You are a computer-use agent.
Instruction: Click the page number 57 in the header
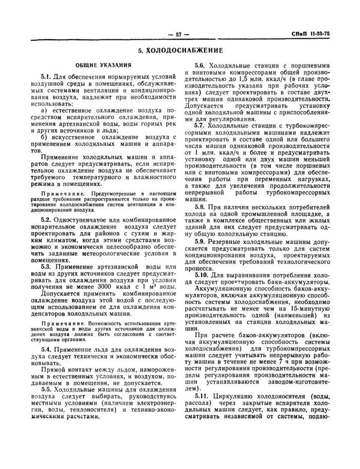[x=179, y=34]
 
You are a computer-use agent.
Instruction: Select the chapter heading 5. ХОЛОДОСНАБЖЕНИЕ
[x=180, y=51]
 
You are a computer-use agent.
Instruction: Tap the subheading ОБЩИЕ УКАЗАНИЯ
[x=102, y=65]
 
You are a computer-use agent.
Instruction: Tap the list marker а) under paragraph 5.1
[x=44, y=110]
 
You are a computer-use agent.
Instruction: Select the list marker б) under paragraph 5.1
[x=44, y=137]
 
